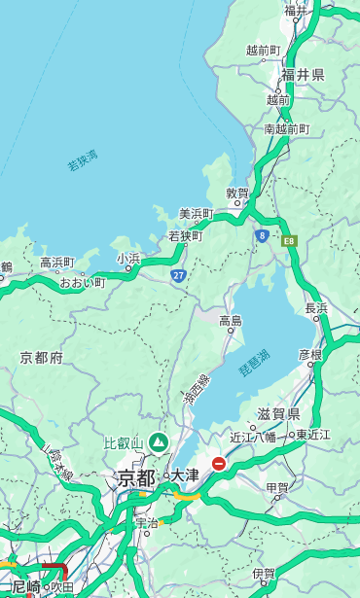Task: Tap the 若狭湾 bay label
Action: point(83,160)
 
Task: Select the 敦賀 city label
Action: point(237,193)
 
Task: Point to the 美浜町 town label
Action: point(196,214)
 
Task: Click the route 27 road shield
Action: point(178,275)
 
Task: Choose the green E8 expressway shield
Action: point(288,240)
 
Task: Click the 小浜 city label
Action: point(128,258)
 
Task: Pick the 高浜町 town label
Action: point(56,263)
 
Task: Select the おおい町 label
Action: point(82,283)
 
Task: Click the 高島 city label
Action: point(231,321)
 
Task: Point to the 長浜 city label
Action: point(316,308)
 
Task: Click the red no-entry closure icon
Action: point(219,464)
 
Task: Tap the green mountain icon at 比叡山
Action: point(157,443)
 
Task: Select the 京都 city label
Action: point(136,477)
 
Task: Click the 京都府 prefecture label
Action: point(41,358)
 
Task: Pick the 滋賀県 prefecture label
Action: point(277,413)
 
